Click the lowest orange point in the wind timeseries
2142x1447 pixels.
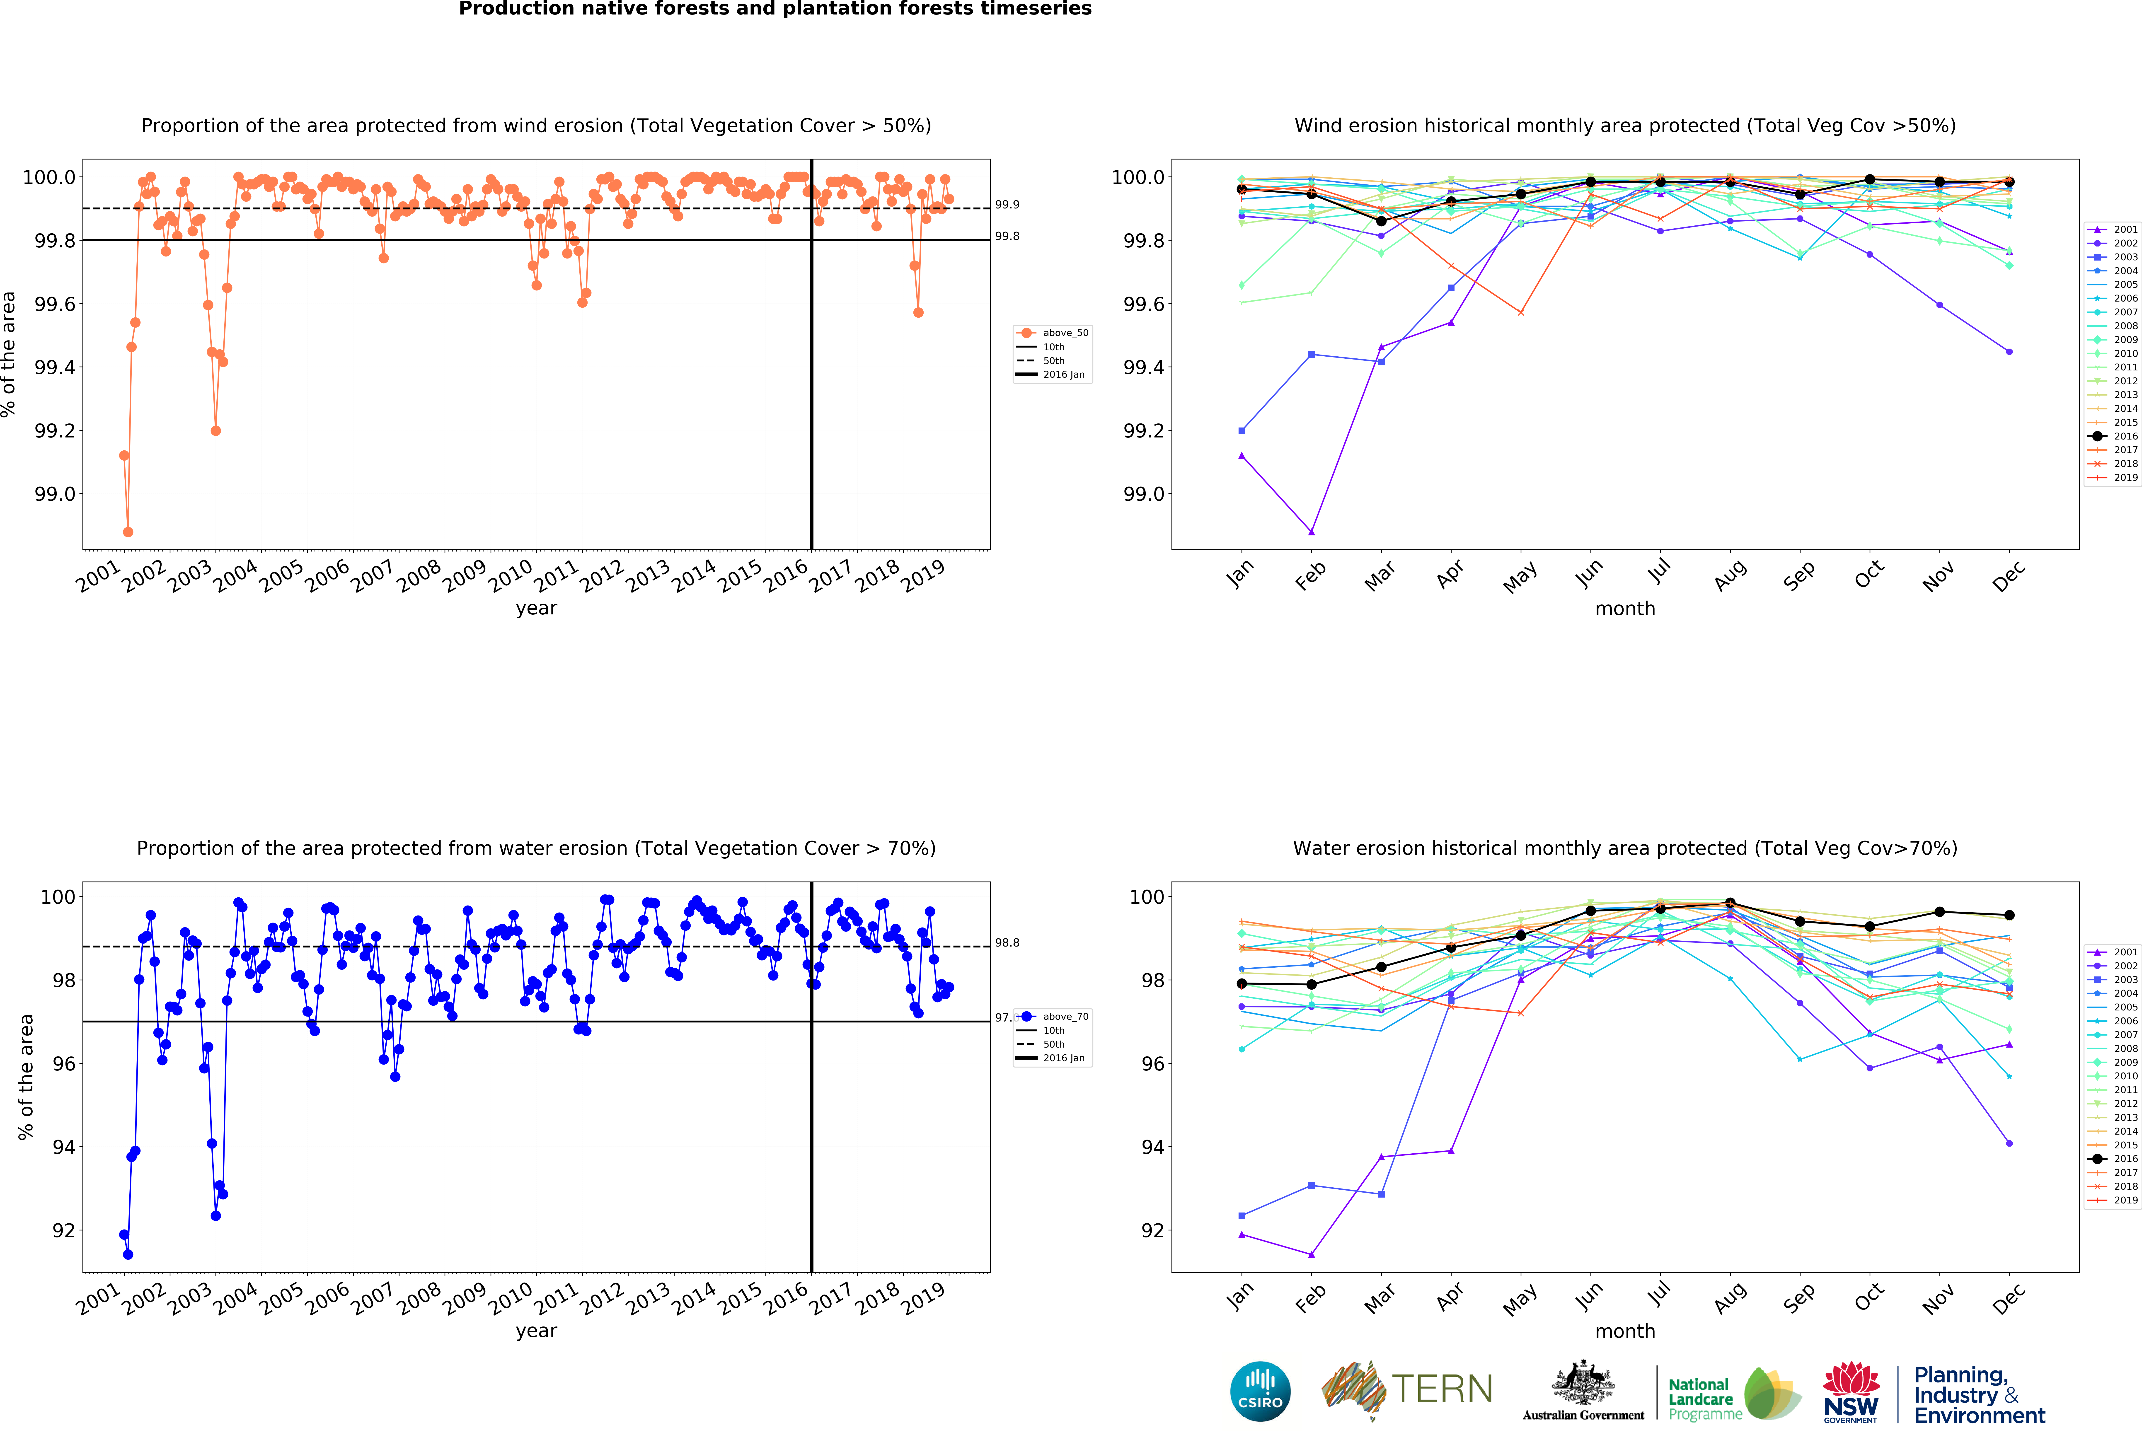(x=128, y=532)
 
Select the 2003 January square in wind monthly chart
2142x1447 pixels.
(x=1242, y=430)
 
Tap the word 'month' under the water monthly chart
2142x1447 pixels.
(x=1625, y=1331)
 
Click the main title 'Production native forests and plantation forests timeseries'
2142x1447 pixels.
(x=775, y=9)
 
